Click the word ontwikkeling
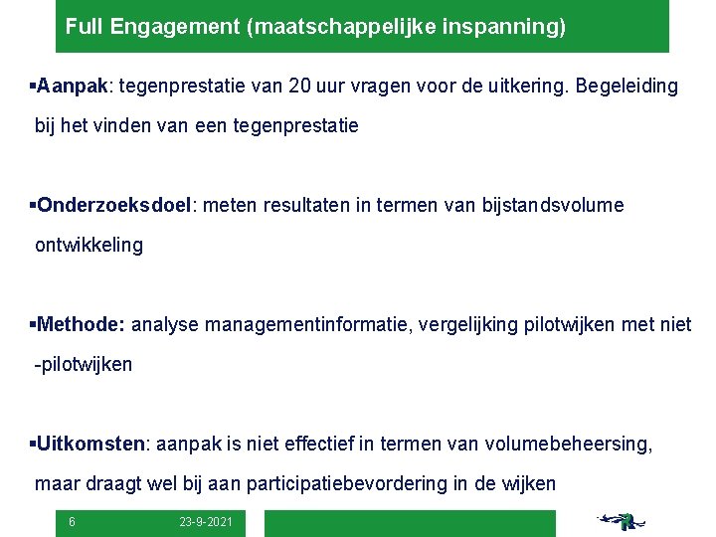[x=89, y=245]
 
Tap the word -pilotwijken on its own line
[x=83, y=364]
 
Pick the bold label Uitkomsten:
[x=91, y=444]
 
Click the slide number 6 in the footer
[x=72, y=522]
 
